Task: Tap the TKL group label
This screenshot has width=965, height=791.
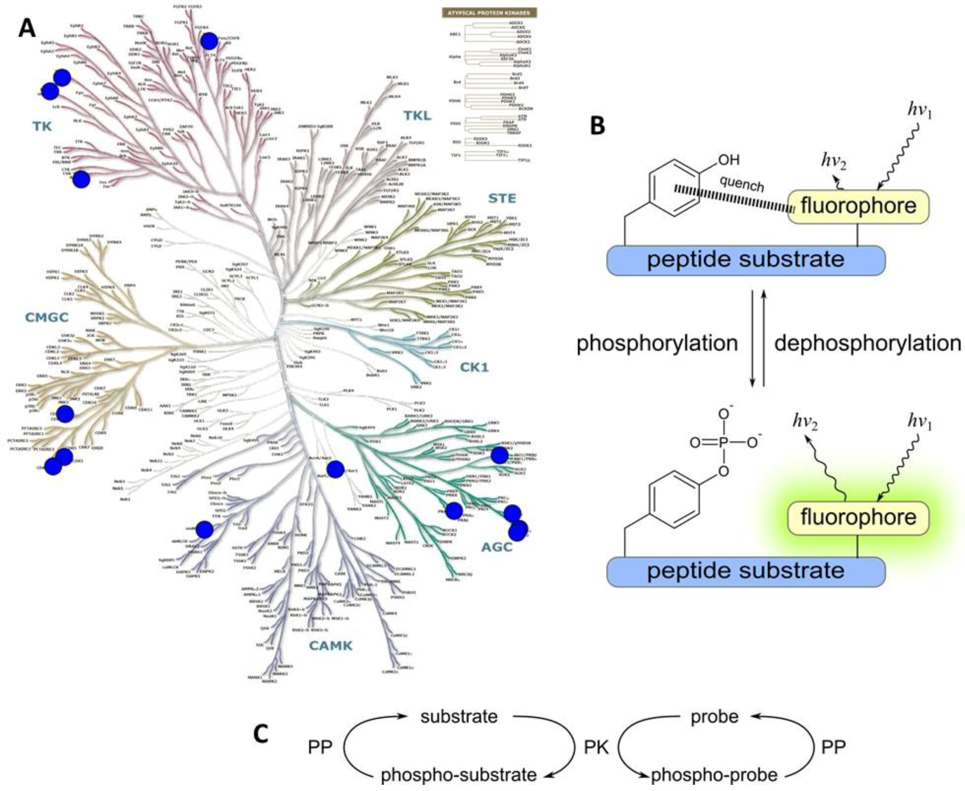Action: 417,116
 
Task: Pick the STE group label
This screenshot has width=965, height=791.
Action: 502,198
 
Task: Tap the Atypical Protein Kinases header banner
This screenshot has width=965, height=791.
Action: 489,13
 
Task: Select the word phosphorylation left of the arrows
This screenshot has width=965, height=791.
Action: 657,343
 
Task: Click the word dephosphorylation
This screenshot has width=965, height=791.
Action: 868,343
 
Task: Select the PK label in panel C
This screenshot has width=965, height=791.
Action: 596,747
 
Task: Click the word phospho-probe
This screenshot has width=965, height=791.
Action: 714,775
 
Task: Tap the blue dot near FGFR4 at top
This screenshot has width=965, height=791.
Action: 210,41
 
